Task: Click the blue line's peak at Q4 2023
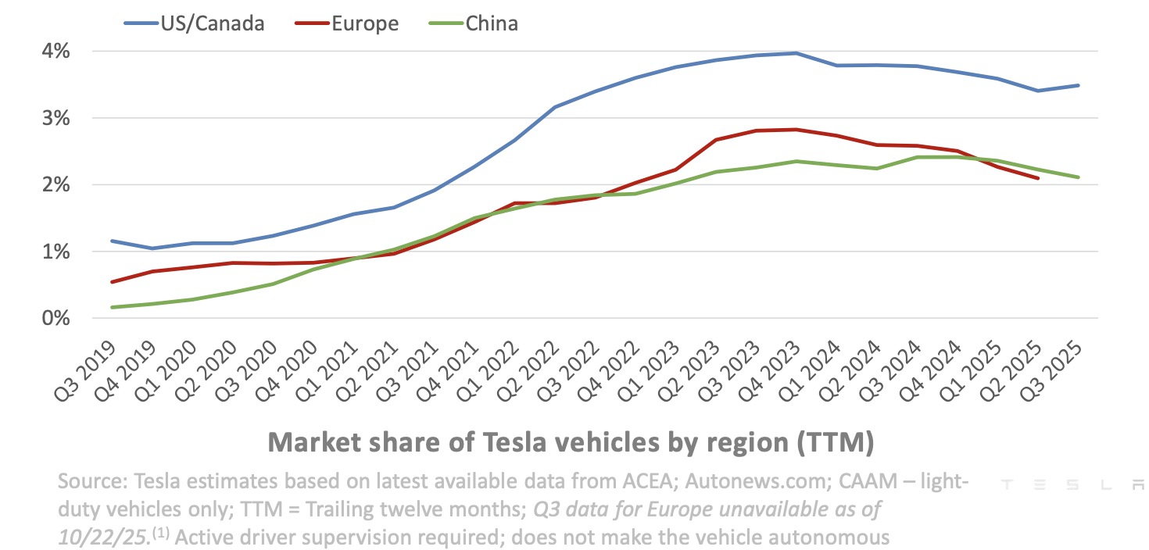pos(795,53)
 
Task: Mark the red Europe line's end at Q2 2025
pos(1037,179)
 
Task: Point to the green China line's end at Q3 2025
pos(1078,177)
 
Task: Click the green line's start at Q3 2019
pos(113,307)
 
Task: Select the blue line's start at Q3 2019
pos(113,241)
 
